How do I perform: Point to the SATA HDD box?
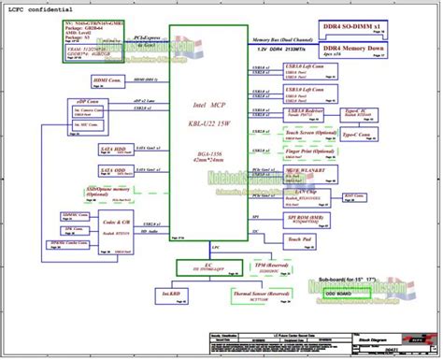[114, 148]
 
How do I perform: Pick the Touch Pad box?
[305, 240]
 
